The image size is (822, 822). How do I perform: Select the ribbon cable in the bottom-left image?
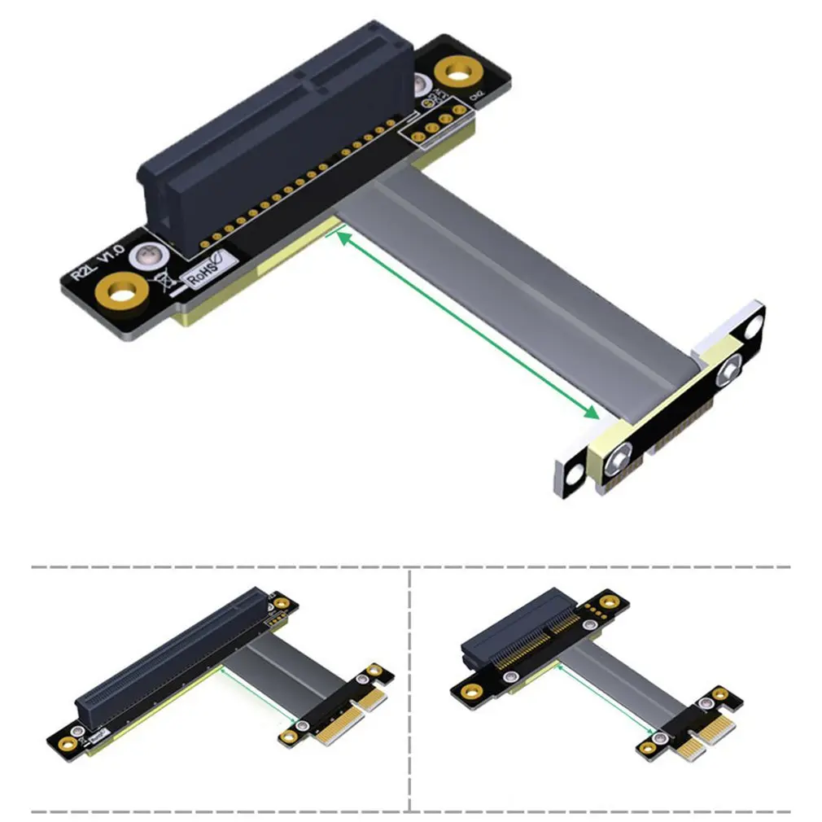(281, 676)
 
